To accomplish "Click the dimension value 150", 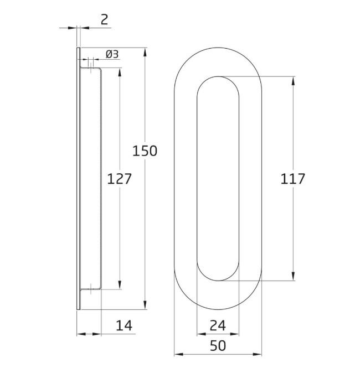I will pos(145,151).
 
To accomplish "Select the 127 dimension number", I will pos(119,179).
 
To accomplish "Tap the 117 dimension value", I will pos(293,179).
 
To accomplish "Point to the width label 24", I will pos(218,325).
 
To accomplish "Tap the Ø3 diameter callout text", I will pos(112,54).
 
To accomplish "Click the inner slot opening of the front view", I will pos(218,178).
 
